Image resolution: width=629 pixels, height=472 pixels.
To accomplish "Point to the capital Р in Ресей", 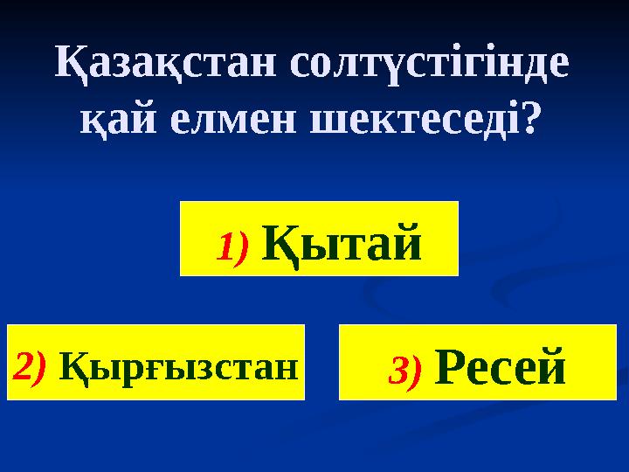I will coord(448,367).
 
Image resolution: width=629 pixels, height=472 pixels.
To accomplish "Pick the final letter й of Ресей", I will coord(550,366).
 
